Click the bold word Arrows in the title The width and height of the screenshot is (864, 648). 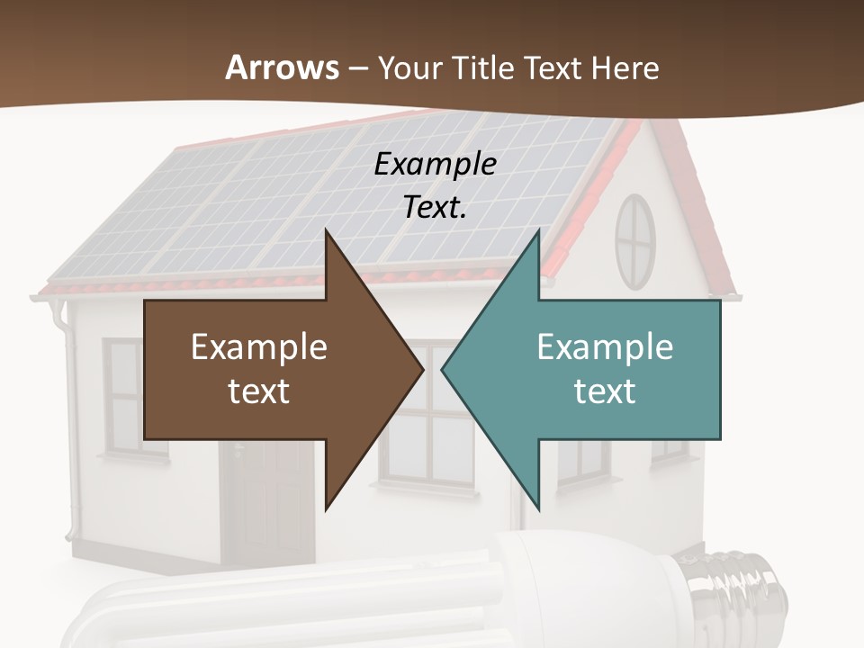coord(282,67)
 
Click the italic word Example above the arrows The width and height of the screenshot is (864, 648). coord(435,164)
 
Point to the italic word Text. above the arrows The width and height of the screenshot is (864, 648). coord(435,207)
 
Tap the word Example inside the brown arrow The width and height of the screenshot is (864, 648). coord(258,347)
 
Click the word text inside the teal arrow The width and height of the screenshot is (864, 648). coord(605,391)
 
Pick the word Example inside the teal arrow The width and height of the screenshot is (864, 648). coord(605,347)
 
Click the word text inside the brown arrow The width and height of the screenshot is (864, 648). coord(258,391)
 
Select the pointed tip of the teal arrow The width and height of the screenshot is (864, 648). coord(445,369)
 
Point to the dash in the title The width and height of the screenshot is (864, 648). coord(357,68)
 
